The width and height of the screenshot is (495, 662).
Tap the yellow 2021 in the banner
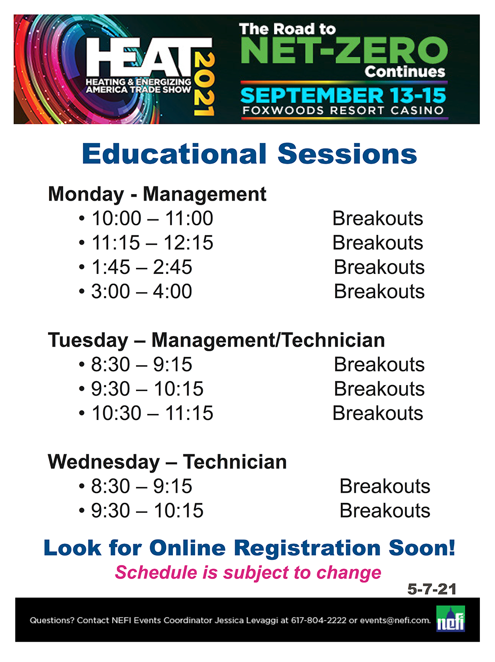pos(204,84)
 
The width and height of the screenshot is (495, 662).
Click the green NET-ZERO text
pos(344,51)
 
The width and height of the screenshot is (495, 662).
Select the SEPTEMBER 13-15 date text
pos(343,96)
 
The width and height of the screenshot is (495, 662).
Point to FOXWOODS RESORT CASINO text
pos(343,110)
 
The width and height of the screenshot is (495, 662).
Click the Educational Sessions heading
pos(249,154)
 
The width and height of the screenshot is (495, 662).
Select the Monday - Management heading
pos(157,194)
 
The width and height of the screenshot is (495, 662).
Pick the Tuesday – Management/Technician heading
pos(216,340)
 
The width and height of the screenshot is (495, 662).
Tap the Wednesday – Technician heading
pos(167,462)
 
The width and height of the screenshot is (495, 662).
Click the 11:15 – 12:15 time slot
pos(152,243)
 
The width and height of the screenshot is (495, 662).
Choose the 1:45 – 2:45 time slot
pos(142,267)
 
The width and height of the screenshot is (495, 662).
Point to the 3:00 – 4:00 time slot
pos(142,292)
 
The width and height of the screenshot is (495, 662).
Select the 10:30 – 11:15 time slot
pos(152,413)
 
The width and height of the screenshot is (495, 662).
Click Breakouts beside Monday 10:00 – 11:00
pos(377,218)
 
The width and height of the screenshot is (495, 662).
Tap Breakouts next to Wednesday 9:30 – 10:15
pos(385,511)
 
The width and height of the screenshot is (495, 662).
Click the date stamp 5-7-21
pos(431,589)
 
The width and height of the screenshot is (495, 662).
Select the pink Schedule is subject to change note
pos(248,573)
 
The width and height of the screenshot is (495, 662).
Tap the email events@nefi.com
pos(395,621)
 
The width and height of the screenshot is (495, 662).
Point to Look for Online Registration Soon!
pos(249,548)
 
